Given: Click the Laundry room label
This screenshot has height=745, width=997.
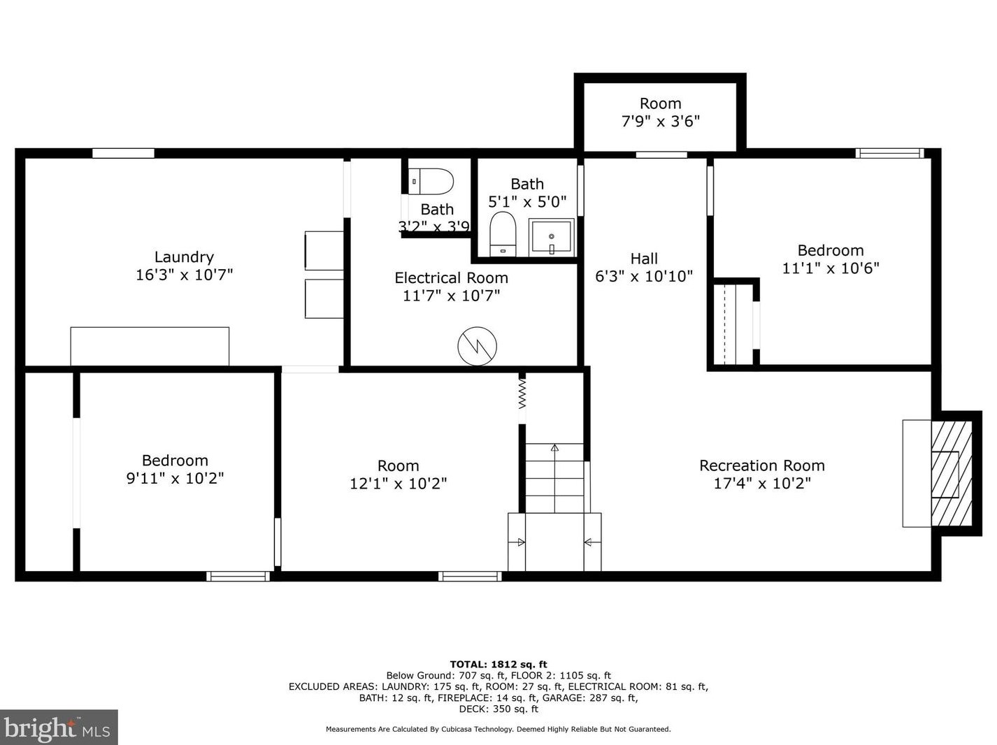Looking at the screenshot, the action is point(184,257).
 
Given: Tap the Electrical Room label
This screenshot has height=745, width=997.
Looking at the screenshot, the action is point(451,278).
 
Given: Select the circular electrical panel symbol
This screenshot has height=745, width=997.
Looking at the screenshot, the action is point(477,346).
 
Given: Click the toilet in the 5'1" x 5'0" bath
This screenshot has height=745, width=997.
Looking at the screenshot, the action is point(503,234).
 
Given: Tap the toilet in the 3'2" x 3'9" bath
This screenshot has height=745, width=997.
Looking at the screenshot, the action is point(431,182).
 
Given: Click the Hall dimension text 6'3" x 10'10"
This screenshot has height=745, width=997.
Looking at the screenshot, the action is point(644,276).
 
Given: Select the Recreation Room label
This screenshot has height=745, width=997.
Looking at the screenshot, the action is point(761,465).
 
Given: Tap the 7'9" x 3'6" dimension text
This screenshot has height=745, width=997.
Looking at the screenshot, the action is point(661,121).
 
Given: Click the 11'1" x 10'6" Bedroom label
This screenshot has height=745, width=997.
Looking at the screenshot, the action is point(831,250).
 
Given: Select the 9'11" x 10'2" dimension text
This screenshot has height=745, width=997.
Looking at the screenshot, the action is point(175,478).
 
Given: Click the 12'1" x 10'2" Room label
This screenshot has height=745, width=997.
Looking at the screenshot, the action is point(398,465).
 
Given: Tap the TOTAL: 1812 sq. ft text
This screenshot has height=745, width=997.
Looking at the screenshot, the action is point(499,665).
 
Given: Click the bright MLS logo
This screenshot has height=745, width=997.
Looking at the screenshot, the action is point(59,727).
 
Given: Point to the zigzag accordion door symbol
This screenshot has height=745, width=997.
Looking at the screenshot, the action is point(522,394).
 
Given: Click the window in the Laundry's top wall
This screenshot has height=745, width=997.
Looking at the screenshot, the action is point(124,153).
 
